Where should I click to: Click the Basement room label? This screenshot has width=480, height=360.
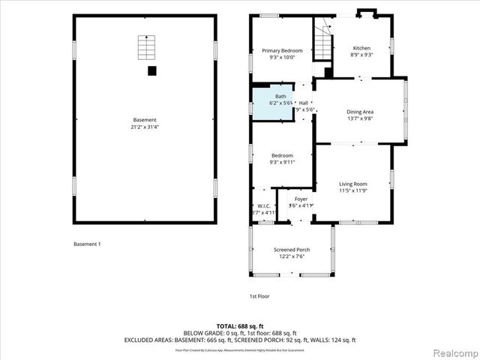tap(145, 120)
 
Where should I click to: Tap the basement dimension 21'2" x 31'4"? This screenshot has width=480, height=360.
tap(145, 127)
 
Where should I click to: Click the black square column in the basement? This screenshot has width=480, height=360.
tap(151, 70)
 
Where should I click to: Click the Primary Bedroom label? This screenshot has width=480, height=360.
tap(281, 51)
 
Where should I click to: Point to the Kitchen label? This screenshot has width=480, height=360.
tap(361, 48)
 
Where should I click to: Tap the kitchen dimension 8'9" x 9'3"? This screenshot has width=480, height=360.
tap(361, 55)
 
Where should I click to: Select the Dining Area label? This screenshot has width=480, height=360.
tap(359, 111)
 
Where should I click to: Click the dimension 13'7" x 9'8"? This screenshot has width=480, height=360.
tap(359, 118)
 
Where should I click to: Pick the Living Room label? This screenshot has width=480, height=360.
tap(352, 184)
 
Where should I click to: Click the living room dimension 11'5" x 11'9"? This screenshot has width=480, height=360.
tap(352, 191)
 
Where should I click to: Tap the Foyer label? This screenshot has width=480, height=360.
tap(301, 199)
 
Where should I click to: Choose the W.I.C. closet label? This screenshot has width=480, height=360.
tap(263, 205)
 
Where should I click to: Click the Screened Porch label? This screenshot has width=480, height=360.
tap(291, 250)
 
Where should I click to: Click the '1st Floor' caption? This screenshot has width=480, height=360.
tap(259, 296)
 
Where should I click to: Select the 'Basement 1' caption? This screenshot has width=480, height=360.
tap(87, 244)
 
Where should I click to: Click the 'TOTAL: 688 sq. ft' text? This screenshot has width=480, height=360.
tap(239, 326)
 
